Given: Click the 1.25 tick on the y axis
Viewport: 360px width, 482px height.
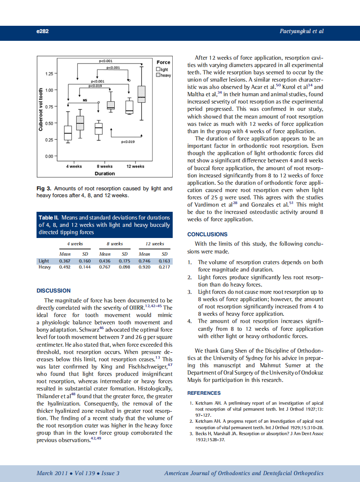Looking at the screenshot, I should (49, 74).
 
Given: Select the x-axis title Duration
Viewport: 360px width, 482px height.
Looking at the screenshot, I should (105, 174).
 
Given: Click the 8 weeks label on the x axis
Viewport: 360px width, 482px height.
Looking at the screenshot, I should (104, 166).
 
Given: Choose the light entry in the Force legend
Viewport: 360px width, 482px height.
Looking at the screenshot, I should (162, 69).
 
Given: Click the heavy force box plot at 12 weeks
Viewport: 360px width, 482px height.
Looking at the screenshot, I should (141, 94).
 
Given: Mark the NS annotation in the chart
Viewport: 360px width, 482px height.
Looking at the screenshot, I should (85, 100).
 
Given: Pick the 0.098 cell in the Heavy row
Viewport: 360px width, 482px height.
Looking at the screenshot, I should (125, 267).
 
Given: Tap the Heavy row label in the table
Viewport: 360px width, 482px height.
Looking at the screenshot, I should (45, 267).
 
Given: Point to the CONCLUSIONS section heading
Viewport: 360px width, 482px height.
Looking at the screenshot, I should (207, 235).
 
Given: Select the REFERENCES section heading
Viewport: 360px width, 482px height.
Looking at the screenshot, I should (204, 393).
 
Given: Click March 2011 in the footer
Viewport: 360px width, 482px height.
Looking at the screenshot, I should (51, 473).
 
